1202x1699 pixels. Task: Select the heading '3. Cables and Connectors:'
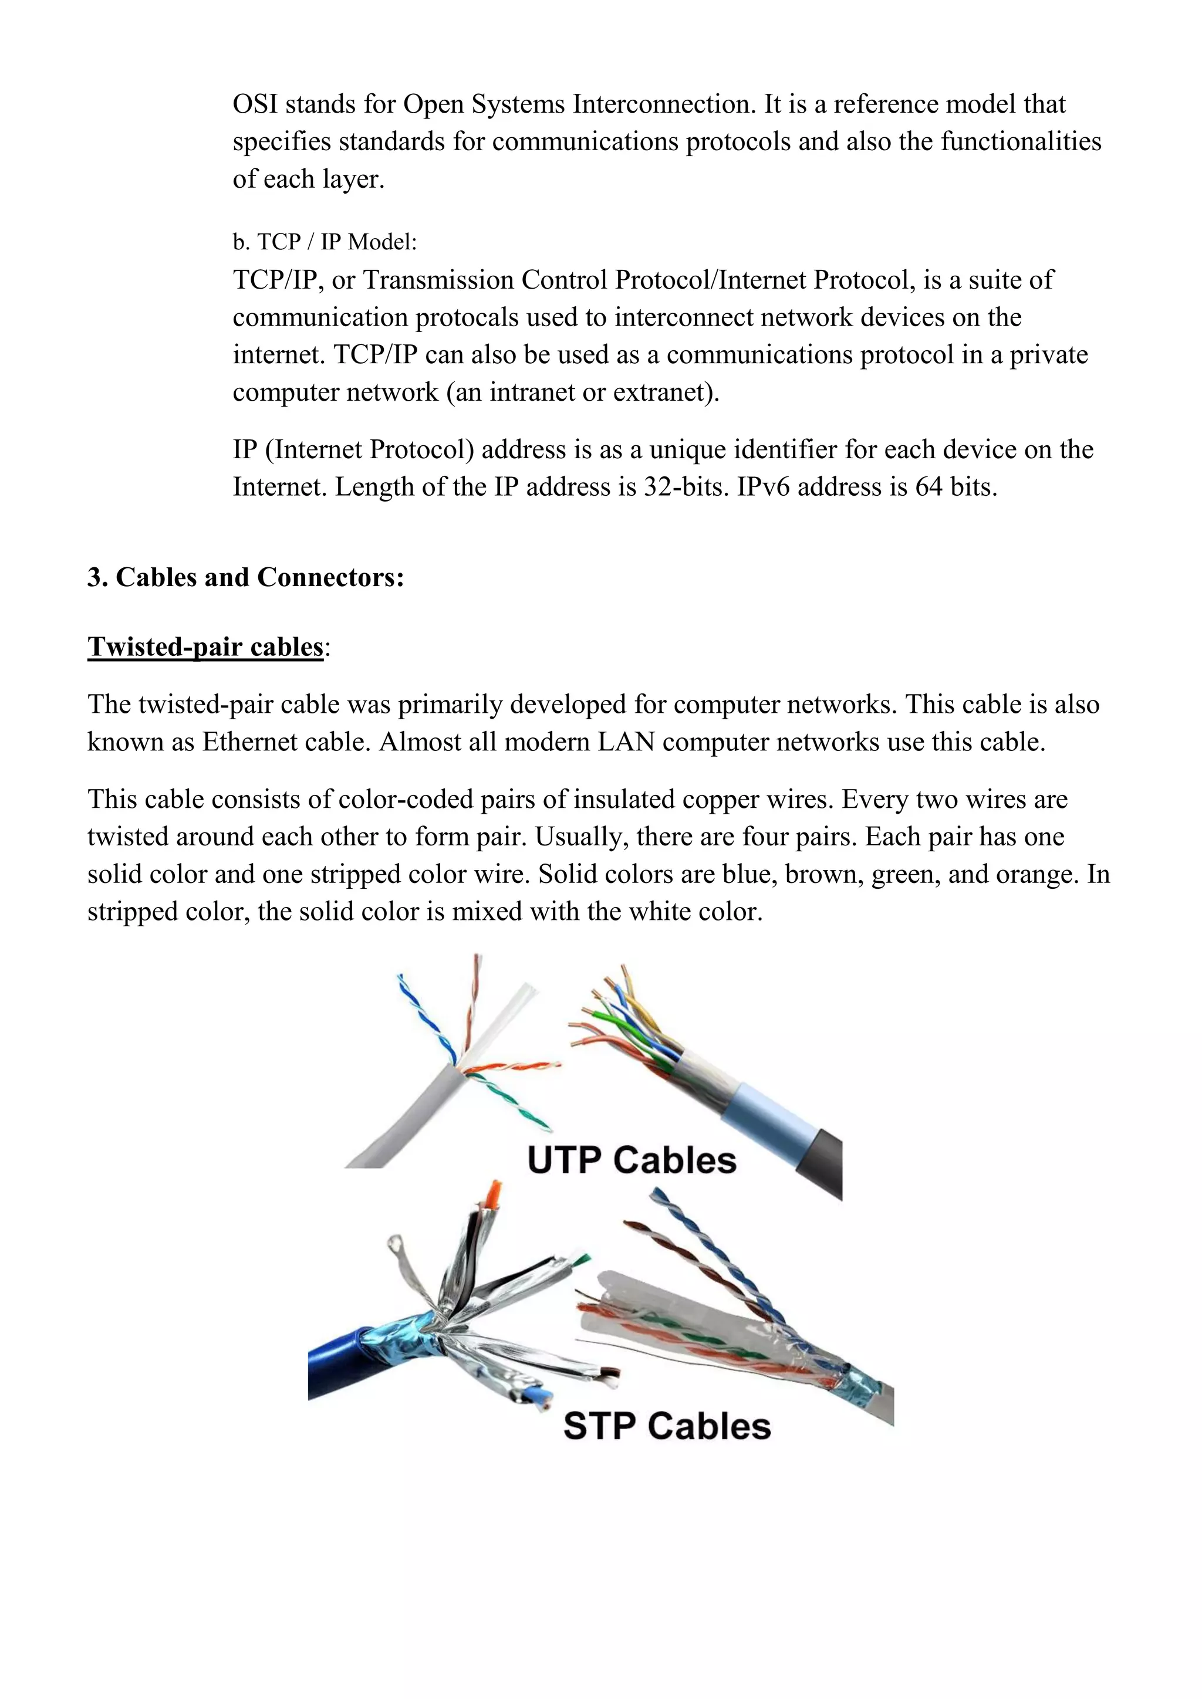click(246, 577)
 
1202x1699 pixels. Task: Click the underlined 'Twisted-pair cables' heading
click(206, 647)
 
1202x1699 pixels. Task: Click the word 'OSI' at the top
click(255, 104)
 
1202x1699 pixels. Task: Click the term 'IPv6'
click(763, 487)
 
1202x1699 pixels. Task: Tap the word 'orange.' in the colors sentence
click(1038, 875)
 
